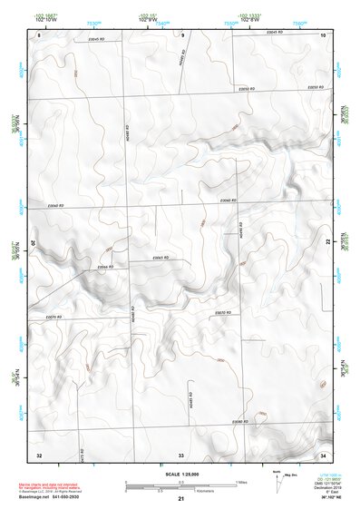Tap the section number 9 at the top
(x=182, y=34)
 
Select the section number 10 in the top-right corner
(x=323, y=34)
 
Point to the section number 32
(x=39, y=453)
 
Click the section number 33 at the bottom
(x=181, y=453)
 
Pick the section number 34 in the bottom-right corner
(x=323, y=453)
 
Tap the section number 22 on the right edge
(x=327, y=243)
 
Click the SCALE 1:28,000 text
(x=180, y=474)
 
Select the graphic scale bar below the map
(x=181, y=486)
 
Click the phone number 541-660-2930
(x=70, y=497)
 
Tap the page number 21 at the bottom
(x=181, y=501)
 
